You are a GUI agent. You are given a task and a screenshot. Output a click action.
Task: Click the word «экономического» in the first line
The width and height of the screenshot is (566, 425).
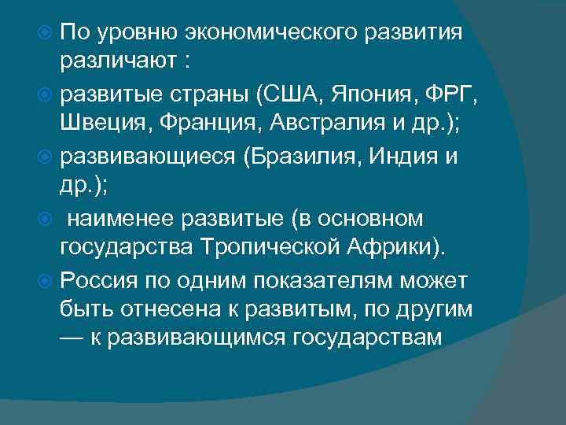(x=252, y=34)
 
